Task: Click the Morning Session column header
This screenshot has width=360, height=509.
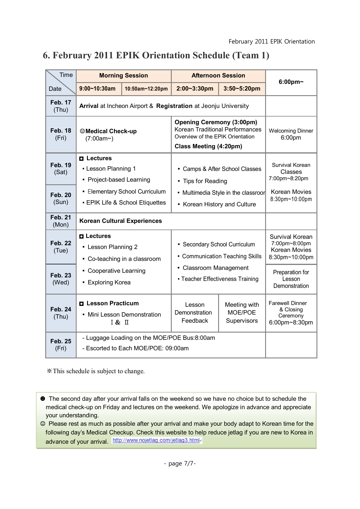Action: (124, 76)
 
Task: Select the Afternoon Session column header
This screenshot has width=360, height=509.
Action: (218, 76)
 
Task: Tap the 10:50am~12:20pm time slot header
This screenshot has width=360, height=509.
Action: (146, 89)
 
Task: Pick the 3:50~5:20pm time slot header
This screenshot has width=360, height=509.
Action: (242, 89)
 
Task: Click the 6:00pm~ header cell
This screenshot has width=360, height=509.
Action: (291, 82)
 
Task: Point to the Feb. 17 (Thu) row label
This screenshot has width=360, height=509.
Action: (61, 106)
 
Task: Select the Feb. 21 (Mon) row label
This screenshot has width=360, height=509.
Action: (61, 221)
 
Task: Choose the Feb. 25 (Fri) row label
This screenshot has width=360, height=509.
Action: (61, 344)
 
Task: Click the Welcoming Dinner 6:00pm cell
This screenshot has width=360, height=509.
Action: (291, 134)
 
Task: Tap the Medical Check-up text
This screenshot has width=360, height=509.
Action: (111, 131)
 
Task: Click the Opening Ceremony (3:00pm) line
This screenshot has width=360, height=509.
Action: (216, 122)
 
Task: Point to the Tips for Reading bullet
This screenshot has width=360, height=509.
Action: (205, 181)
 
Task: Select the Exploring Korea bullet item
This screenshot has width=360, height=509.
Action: (109, 282)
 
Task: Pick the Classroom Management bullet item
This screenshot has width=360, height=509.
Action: (215, 268)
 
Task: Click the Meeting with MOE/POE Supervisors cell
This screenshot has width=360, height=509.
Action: (242, 313)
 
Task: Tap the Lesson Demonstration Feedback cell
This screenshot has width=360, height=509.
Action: (195, 313)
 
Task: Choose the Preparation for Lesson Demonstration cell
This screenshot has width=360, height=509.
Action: (291, 279)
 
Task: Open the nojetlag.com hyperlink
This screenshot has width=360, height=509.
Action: (156, 440)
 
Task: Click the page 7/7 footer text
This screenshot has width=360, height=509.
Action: (180, 463)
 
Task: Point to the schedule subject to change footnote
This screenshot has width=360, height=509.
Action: (96, 371)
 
